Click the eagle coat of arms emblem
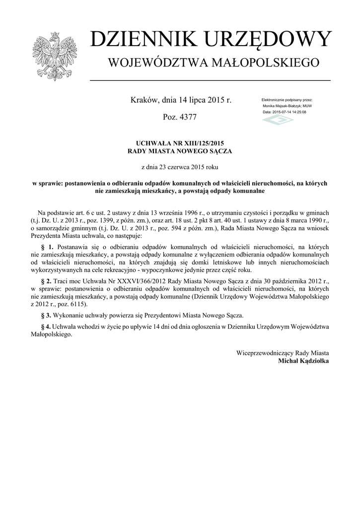55,56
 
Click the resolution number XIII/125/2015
197,143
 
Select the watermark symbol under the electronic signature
278,121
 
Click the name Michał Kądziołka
304,361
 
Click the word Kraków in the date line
144,100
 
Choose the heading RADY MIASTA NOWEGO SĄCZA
180,151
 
